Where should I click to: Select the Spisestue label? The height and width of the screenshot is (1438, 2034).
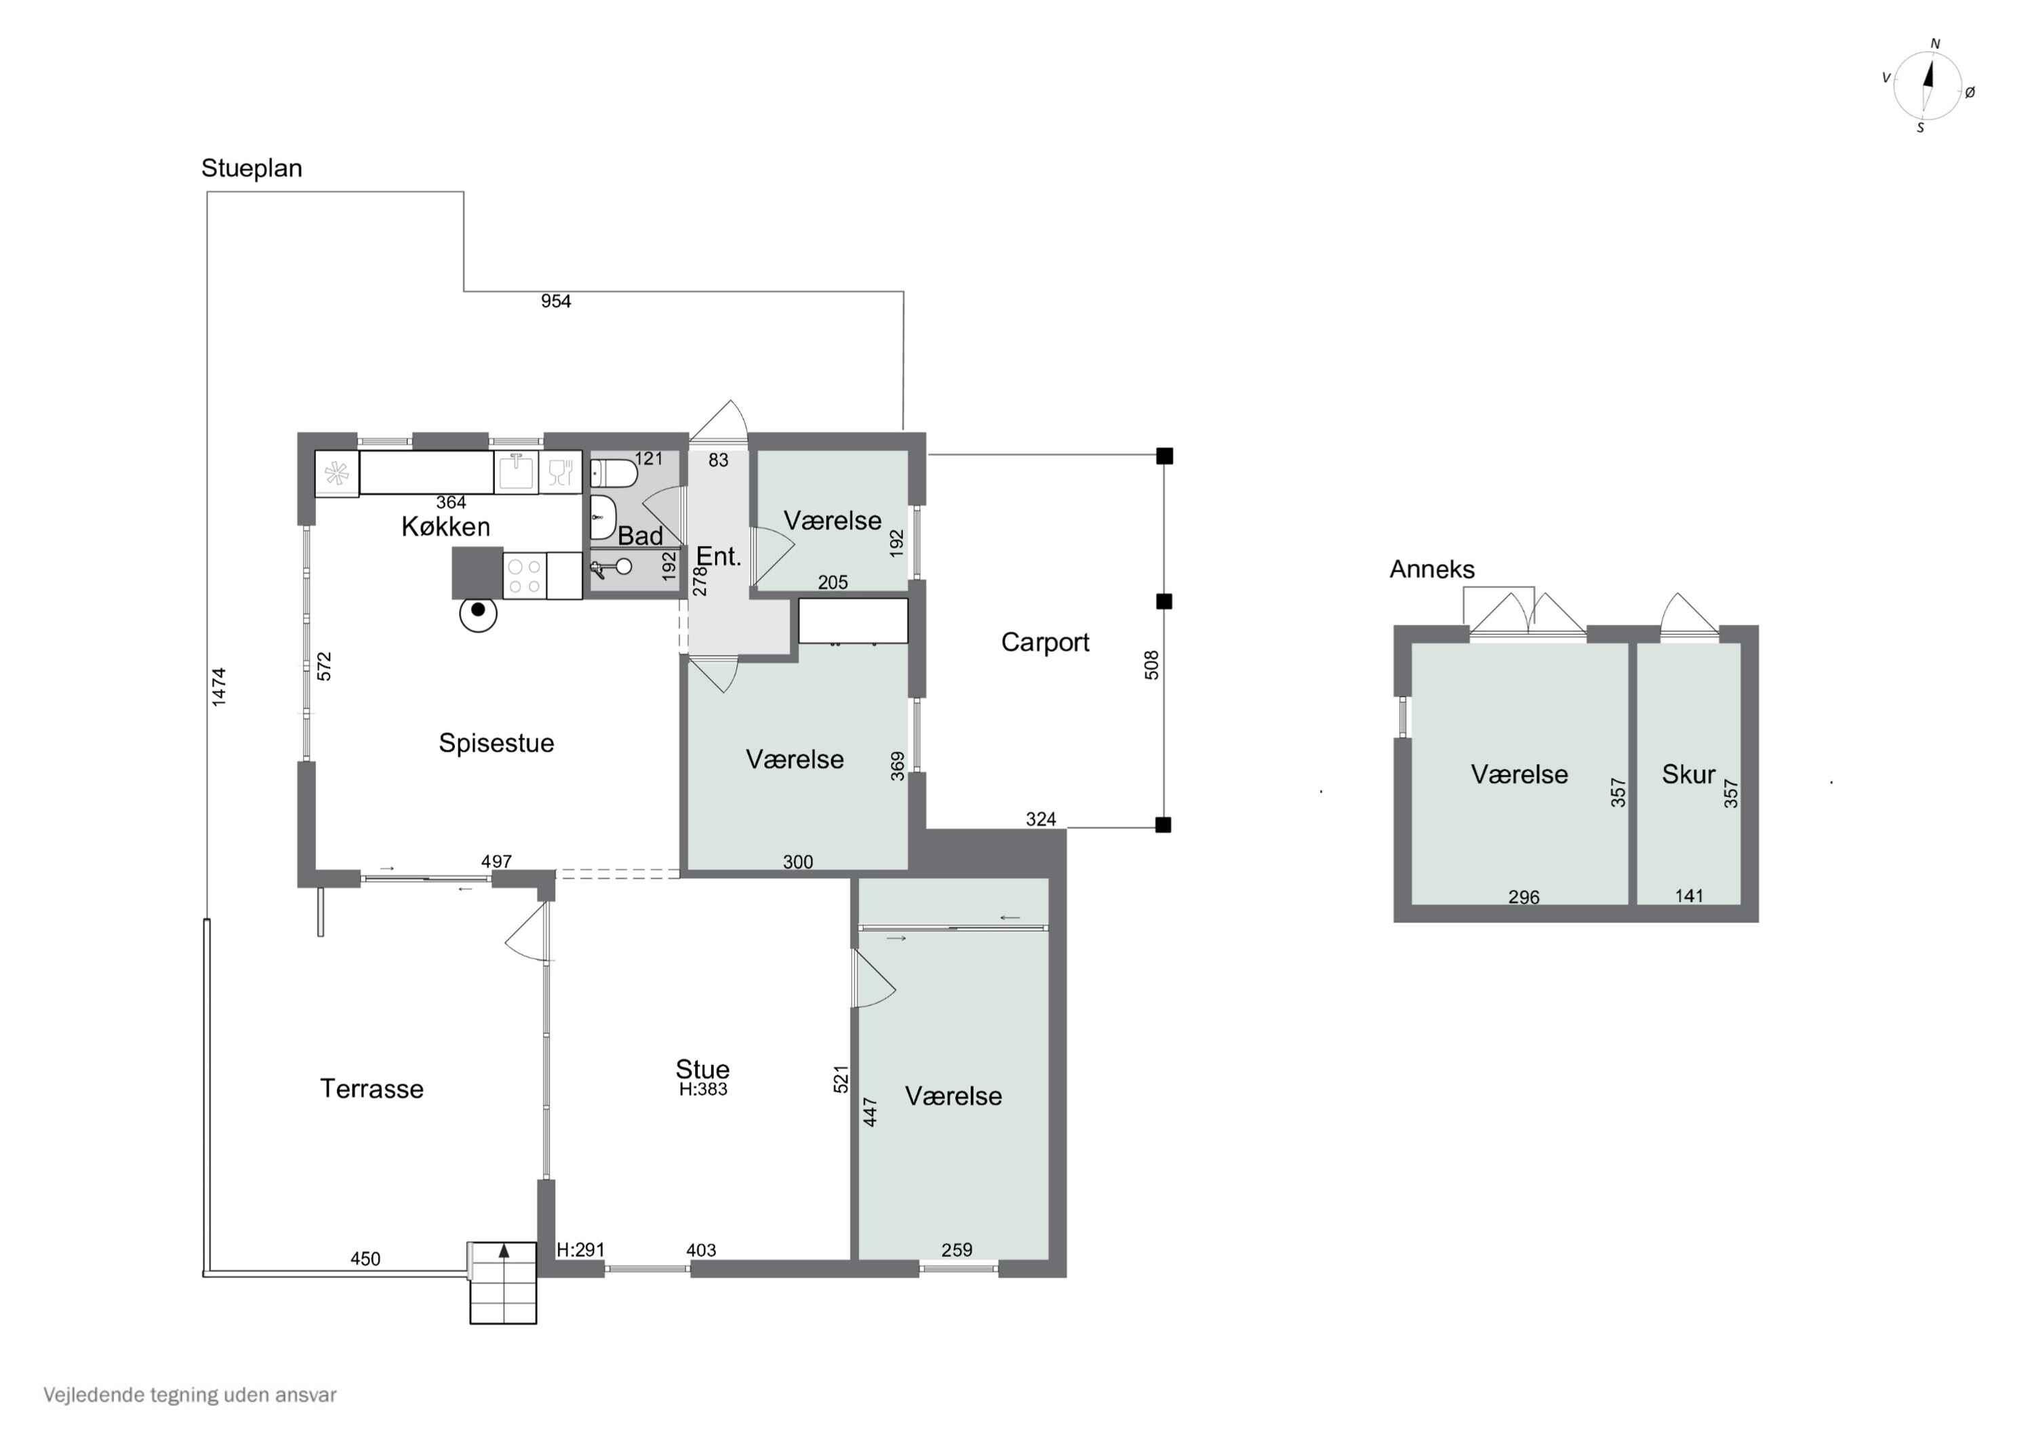click(x=496, y=742)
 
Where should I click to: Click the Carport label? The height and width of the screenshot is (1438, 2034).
click(x=1045, y=642)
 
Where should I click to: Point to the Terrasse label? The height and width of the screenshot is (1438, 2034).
click(x=372, y=1088)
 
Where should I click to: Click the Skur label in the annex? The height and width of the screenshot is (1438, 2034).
click(x=1688, y=774)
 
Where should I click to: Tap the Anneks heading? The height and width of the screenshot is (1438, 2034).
click(x=1431, y=569)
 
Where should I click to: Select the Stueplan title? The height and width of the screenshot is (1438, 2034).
click(x=252, y=168)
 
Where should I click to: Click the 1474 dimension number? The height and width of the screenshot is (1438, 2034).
click(x=219, y=687)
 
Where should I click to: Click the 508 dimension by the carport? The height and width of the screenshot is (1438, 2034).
click(x=1152, y=664)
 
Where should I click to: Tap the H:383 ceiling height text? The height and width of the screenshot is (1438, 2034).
click(x=703, y=1089)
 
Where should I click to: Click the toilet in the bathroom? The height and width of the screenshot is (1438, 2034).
click(x=613, y=473)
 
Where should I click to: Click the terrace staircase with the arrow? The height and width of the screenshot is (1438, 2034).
click(x=503, y=1283)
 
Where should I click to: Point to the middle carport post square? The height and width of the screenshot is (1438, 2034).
click(x=1164, y=601)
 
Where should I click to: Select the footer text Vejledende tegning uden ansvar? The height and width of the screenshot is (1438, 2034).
click(x=191, y=1395)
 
